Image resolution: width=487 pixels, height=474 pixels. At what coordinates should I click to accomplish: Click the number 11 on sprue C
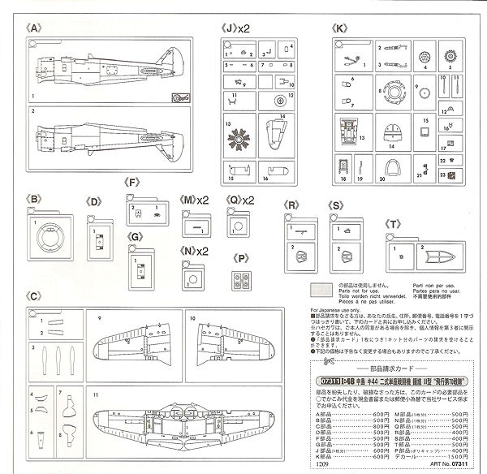tap(95, 394)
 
